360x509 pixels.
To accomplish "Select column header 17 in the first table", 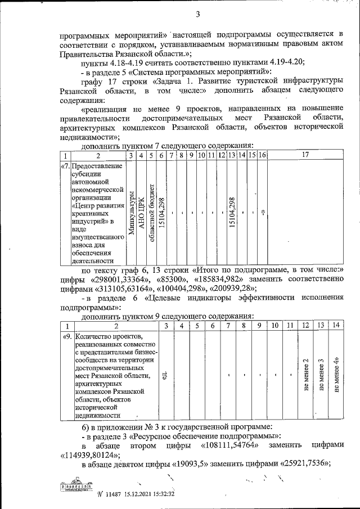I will pos(305,155).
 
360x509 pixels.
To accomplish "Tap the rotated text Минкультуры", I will pos(131,213).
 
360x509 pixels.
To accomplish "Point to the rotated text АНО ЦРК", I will pos(141,213).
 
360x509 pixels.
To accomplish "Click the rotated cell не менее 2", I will pos(305,375).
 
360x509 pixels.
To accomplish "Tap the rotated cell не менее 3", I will pos(321,375).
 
